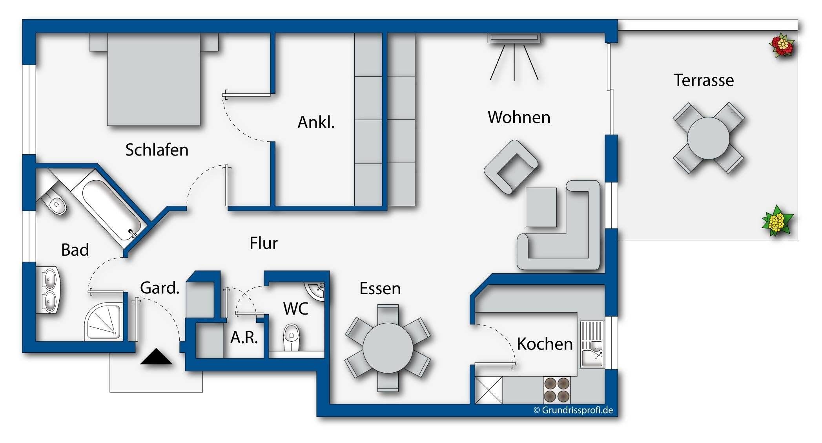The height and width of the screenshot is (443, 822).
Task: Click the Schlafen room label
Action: tap(157, 150)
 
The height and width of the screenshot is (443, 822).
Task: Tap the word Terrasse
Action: tap(704, 81)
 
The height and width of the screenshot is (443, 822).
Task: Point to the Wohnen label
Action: tap(519, 117)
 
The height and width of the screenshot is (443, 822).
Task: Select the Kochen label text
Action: tap(545, 344)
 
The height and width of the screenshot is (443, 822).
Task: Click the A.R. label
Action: tap(244, 337)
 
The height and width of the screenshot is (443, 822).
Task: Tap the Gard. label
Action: tap(160, 288)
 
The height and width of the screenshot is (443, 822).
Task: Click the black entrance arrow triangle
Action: tap(156, 356)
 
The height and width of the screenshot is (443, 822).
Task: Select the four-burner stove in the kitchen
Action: tap(557, 390)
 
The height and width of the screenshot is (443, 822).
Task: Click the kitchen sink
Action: tap(592, 344)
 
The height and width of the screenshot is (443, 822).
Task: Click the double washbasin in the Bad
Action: tap(49, 290)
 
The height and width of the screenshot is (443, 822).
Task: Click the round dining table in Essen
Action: tap(388, 348)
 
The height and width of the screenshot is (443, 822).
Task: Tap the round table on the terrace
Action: tap(708, 138)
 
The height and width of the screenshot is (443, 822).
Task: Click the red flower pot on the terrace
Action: tap(782, 46)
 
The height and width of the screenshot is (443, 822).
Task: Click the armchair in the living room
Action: tap(510, 167)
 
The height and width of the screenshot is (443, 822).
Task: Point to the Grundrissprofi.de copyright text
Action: tap(573, 410)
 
